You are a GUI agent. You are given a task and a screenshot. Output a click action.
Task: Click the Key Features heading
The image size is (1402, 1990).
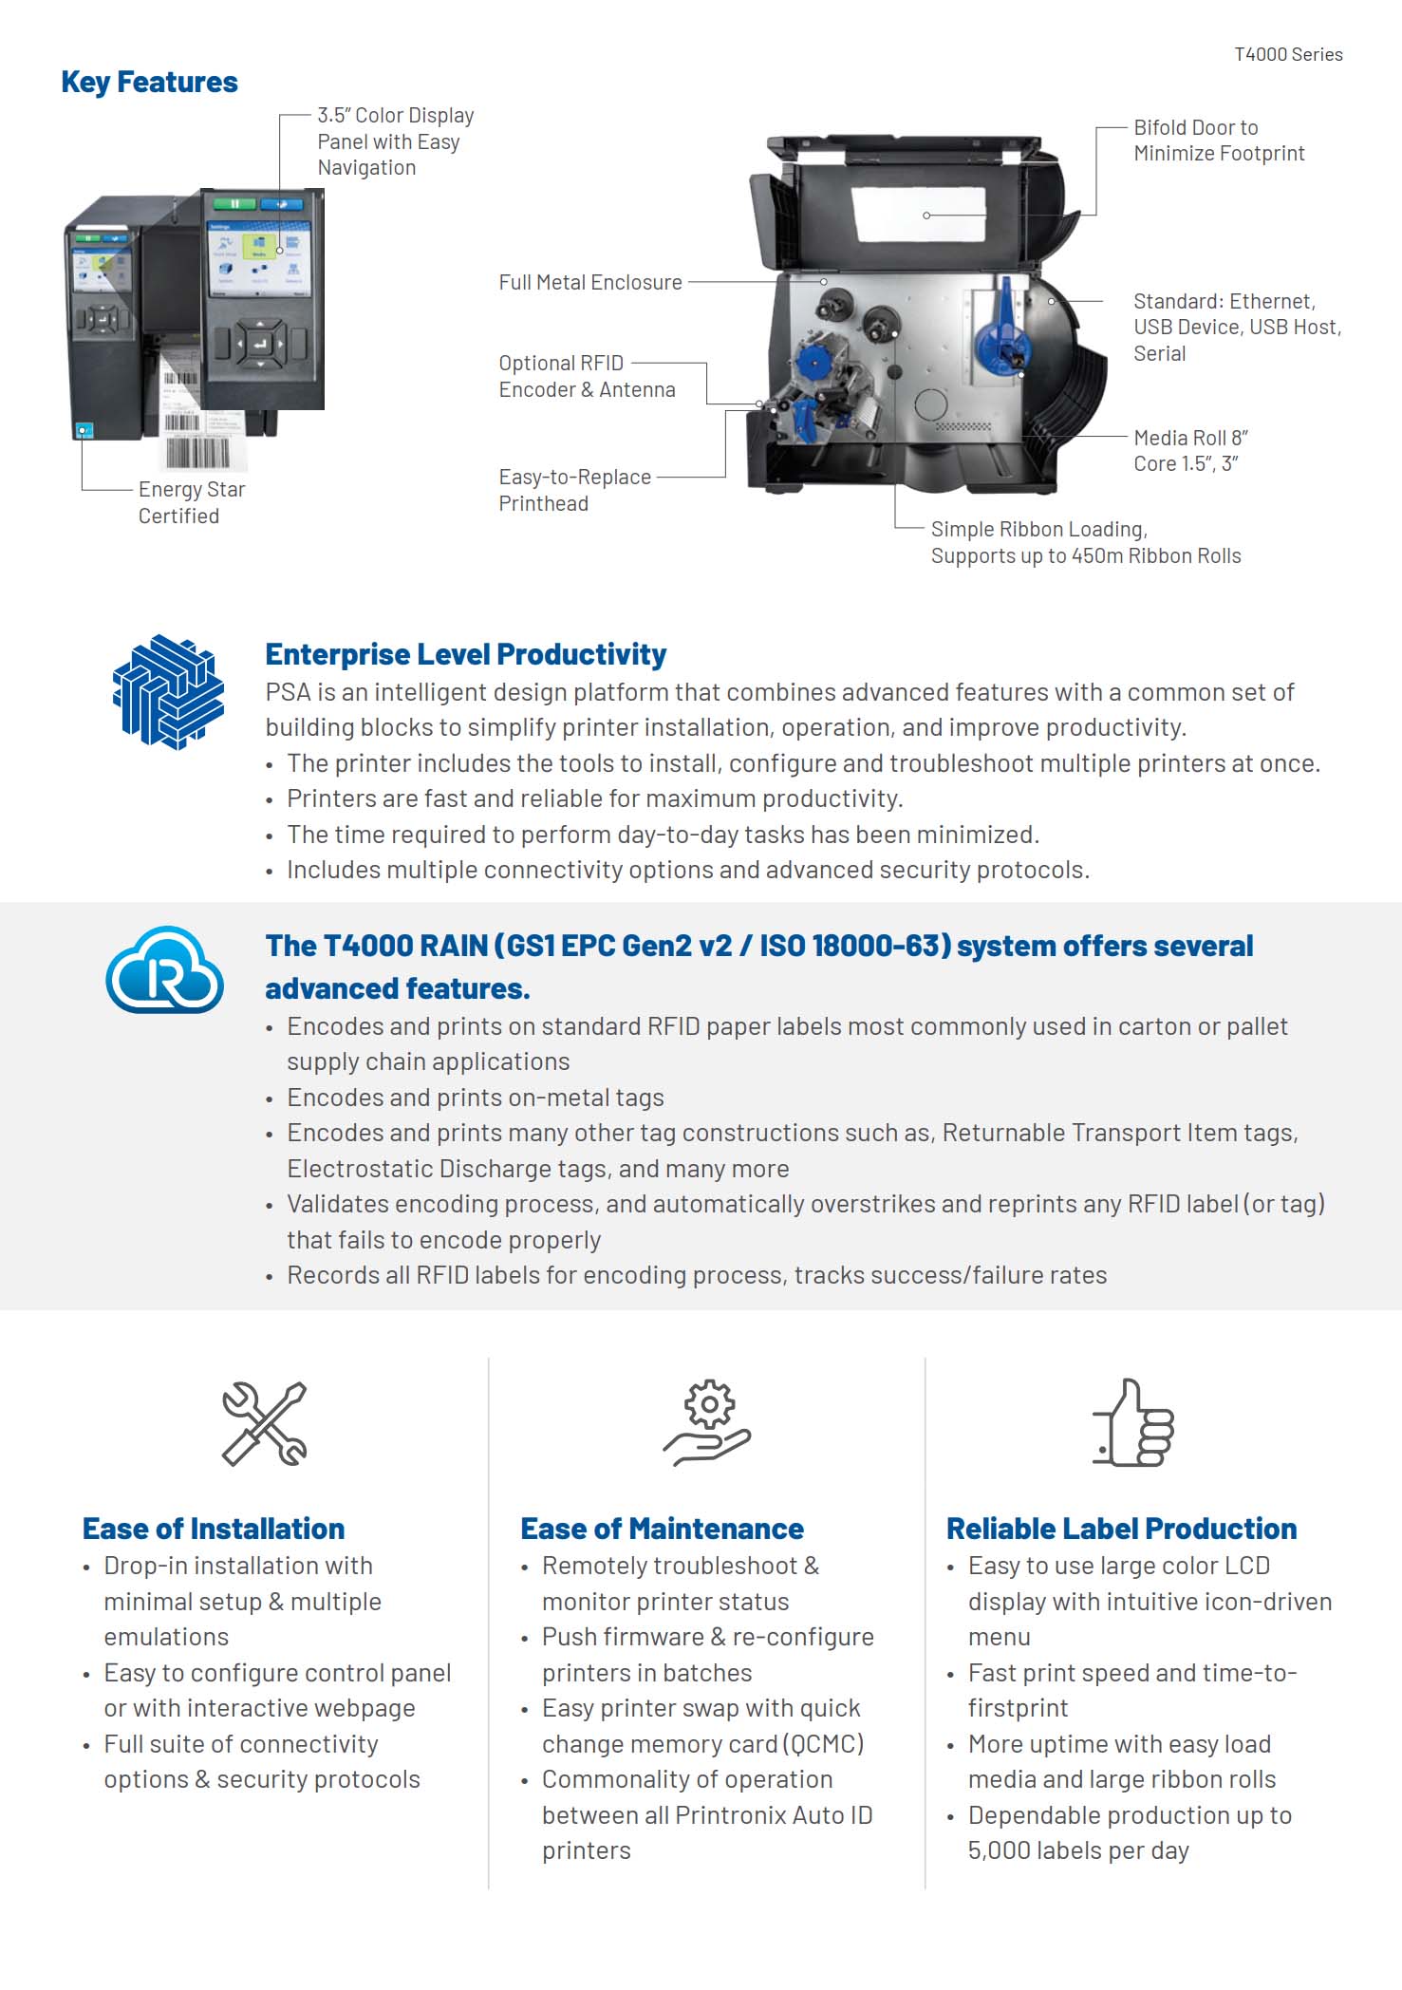pyautogui.click(x=149, y=83)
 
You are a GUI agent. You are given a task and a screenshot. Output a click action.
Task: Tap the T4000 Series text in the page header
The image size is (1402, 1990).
pyautogui.click(x=1288, y=55)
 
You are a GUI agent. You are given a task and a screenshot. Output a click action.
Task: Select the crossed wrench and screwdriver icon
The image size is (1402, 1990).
pyautogui.click(x=264, y=1423)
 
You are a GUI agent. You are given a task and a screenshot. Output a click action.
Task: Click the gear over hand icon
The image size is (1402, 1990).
pyautogui.click(x=707, y=1422)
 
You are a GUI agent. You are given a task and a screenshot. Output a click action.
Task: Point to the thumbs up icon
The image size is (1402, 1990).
pyautogui.click(x=1133, y=1422)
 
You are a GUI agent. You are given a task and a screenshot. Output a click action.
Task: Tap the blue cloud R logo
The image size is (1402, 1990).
pyautogui.click(x=165, y=969)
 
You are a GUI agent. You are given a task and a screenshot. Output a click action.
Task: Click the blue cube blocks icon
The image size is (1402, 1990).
pyautogui.click(x=168, y=691)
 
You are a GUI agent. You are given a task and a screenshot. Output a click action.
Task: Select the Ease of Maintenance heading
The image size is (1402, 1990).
pyautogui.click(x=662, y=1529)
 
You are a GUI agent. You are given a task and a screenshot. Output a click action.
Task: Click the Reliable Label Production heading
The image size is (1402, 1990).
pyautogui.click(x=1121, y=1529)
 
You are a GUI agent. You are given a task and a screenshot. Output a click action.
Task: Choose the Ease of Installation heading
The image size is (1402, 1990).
pyautogui.click(x=214, y=1529)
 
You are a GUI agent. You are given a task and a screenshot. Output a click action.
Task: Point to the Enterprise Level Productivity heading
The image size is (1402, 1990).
pyautogui.click(x=465, y=654)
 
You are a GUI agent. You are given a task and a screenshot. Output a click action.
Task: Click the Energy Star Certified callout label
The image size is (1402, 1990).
pyautogui.click(x=191, y=502)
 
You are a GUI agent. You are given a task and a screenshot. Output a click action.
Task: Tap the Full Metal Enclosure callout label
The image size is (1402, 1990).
pyautogui.click(x=590, y=283)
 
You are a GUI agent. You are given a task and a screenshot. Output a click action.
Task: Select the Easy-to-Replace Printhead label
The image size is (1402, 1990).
pyautogui.click(x=574, y=490)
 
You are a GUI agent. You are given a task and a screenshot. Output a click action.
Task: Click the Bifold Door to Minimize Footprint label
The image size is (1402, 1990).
pyautogui.click(x=1218, y=141)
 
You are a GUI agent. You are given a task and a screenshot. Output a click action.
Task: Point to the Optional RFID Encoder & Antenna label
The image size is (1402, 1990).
pyautogui.click(x=587, y=377)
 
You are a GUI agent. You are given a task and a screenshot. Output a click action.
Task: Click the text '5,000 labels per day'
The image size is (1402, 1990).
pyautogui.click(x=1078, y=1850)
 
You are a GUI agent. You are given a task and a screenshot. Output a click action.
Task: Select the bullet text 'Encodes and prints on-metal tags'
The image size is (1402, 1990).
pyautogui.click(x=476, y=1098)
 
